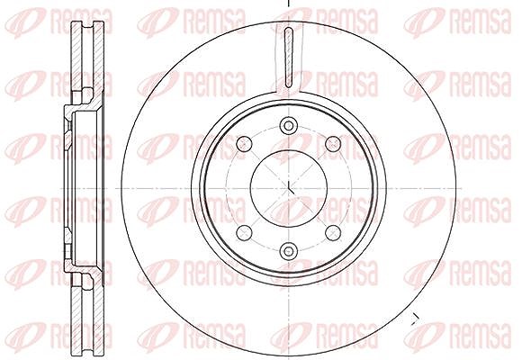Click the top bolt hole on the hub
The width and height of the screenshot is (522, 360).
pyautogui.click(x=288, y=126)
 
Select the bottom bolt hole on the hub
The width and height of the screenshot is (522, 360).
pyautogui.click(x=288, y=251)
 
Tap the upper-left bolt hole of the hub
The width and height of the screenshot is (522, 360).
pyautogui.click(x=244, y=143)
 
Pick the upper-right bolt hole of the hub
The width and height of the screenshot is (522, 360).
pyautogui.click(x=333, y=143)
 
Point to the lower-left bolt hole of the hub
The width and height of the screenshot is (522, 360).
pyautogui.click(x=244, y=233)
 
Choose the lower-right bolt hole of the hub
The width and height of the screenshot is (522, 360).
pyautogui.click(x=333, y=233)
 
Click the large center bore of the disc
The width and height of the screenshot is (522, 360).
pyautogui.click(x=288, y=188)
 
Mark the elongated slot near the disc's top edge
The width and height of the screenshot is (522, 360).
pyautogui.click(x=289, y=58)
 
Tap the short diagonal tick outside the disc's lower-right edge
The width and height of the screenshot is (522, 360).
pyautogui.click(x=414, y=319)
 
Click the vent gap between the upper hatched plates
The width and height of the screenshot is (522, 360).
pyautogui.click(x=88, y=57)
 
